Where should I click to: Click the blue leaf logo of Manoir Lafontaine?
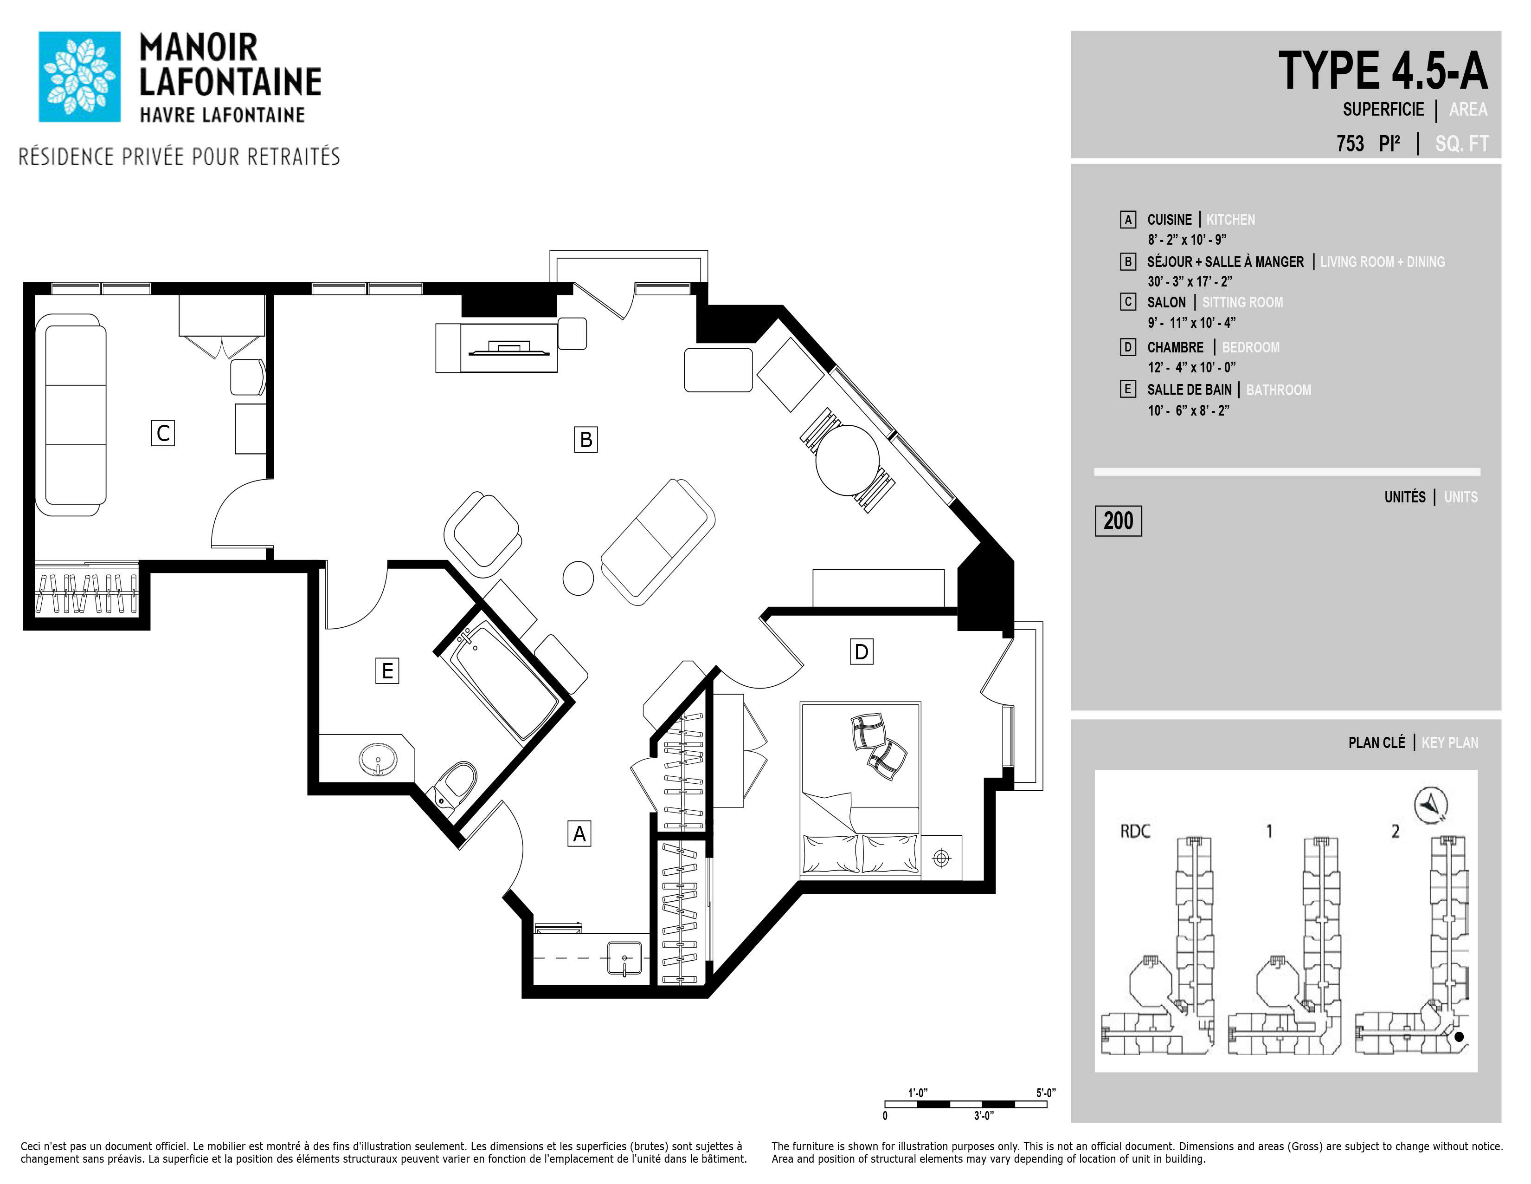[79, 77]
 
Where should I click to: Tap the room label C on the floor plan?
[163, 433]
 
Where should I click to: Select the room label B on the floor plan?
[586, 440]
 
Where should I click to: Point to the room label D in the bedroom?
[862, 651]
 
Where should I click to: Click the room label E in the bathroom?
[387, 670]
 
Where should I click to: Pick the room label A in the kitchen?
[579, 833]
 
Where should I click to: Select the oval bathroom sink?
[378, 760]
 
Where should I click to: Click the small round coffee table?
[579, 579]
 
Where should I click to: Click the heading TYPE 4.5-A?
[1383, 71]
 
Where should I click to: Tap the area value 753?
[1350, 144]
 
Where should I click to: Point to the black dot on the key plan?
[1459, 1037]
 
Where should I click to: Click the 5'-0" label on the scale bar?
[1046, 1093]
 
